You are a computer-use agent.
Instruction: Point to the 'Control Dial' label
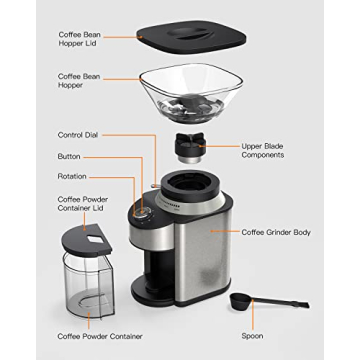pos(84,134)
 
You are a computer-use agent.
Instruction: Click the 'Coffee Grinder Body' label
pos(276,232)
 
